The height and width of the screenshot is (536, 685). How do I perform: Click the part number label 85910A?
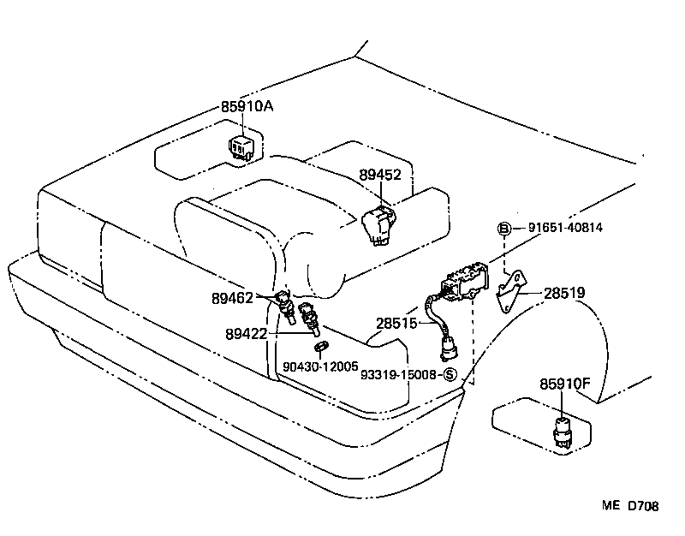point(247,107)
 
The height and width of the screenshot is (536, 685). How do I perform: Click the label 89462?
point(232,299)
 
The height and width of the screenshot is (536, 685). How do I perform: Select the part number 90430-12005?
point(322,366)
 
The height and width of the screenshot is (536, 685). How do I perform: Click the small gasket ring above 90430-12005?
point(321,346)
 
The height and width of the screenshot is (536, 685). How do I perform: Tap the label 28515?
point(396,323)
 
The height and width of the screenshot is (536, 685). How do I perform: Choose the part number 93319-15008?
point(401,374)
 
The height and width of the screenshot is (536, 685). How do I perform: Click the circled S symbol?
point(450,374)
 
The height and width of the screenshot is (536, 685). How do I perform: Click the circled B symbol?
point(504,228)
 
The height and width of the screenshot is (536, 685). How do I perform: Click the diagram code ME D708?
point(629,506)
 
